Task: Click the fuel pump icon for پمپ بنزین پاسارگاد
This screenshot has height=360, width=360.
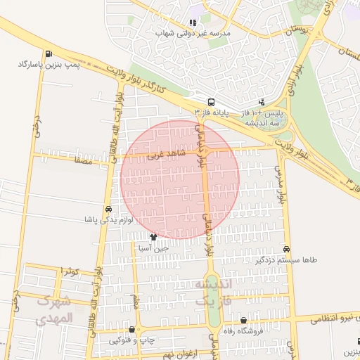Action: point(48,54)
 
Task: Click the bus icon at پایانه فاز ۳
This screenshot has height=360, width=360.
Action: point(211,101)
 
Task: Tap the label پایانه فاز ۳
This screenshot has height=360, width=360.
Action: point(212,112)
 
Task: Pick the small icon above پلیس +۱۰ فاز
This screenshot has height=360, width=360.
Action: point(262,102)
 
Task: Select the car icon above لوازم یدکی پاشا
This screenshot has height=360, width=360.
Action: point(108,210)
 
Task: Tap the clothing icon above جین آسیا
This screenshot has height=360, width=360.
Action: point(154,237)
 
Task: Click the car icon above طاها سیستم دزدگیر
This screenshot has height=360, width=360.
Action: point(286,249)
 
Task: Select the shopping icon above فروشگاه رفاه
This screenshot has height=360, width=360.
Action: point(243,321)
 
